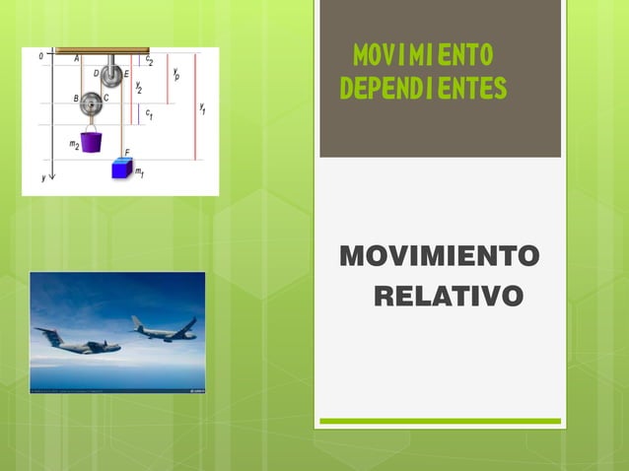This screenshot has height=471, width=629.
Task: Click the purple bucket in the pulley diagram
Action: [91, 140]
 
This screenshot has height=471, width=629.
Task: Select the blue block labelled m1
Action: [121, 168]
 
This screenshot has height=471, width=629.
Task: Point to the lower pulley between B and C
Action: [92, 101]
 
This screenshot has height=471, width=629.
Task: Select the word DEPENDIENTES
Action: [423, 90]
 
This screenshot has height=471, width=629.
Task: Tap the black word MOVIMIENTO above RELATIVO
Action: [440, 257]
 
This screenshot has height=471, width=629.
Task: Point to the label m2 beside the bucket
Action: [74, 145]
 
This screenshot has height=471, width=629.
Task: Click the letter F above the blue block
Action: [127, 152]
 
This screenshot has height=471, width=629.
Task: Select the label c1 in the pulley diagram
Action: [149, 115]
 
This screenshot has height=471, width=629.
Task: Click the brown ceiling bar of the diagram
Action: [103, 50]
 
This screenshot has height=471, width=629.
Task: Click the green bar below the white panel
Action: [440, 422]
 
